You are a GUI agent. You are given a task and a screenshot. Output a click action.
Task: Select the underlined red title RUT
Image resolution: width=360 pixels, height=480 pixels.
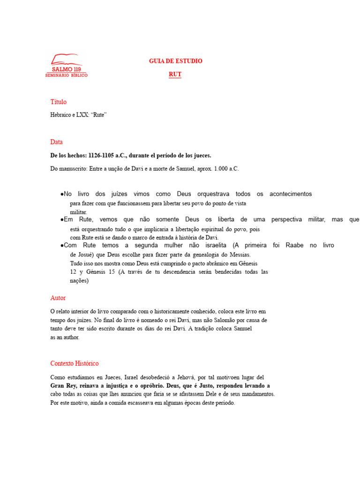175,75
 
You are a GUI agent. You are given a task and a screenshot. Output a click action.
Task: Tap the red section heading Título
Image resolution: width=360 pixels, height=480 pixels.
59,102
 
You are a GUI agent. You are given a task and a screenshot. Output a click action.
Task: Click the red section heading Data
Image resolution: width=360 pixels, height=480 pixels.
56,142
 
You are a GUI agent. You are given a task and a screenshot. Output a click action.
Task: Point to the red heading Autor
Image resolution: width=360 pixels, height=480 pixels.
58,298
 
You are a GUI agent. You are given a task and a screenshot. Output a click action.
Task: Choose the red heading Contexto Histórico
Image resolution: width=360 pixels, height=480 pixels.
75,364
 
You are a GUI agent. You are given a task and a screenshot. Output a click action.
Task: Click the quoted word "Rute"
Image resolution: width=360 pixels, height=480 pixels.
98,115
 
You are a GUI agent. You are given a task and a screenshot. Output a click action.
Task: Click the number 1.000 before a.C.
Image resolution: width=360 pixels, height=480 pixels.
220,169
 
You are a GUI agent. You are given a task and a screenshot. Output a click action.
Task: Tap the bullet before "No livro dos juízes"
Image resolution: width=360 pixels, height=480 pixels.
62,194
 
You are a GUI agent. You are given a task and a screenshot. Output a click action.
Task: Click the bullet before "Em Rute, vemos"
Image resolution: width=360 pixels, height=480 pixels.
62,219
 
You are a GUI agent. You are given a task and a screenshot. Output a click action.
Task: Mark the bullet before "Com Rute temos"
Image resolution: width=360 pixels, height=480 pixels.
62,246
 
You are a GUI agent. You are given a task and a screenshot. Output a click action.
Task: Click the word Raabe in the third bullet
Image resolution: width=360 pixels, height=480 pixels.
294,246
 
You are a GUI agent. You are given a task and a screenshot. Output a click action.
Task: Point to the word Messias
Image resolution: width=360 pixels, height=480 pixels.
238,255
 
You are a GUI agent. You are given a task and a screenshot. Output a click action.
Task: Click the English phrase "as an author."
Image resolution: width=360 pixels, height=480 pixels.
65,337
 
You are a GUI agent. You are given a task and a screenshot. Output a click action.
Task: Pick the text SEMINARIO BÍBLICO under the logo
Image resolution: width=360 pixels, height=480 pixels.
66,75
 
